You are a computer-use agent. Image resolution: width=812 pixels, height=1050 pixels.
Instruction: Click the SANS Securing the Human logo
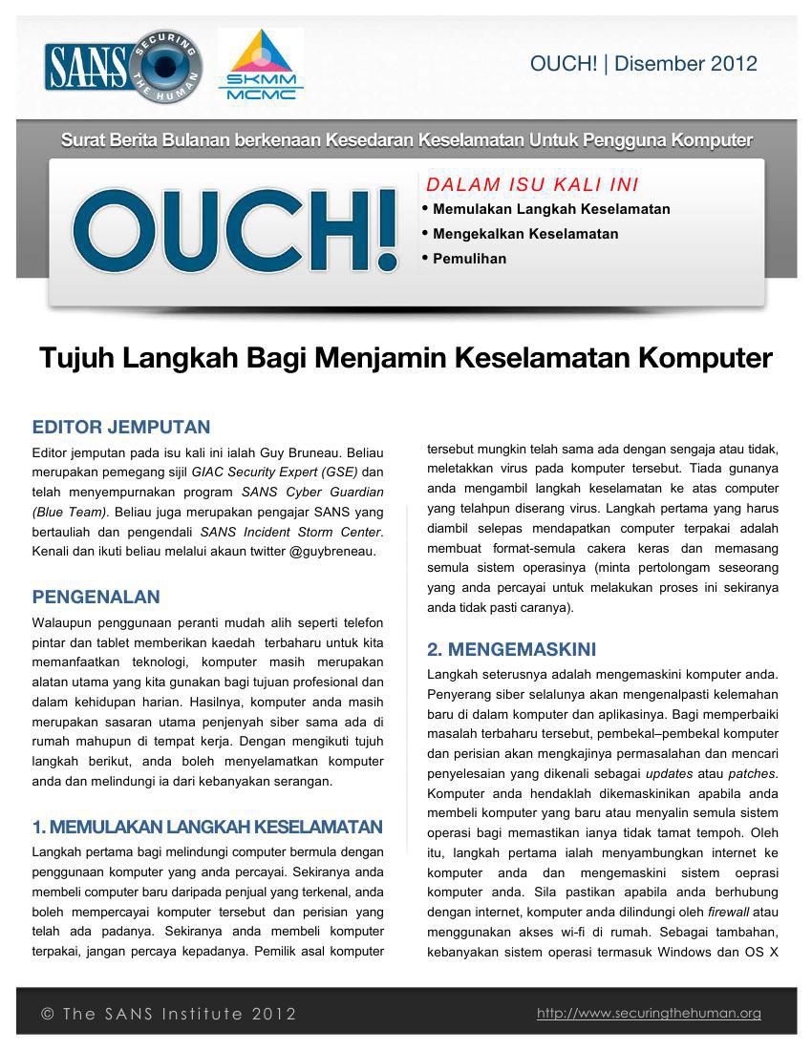click(x=123, y=66)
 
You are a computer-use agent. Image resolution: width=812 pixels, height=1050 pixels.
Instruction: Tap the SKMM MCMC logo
click(x=261, y=66)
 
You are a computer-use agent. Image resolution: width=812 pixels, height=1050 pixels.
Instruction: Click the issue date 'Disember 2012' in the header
click(x=686, y=64)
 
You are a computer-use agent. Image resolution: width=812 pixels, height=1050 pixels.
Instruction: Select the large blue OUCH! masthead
click(x=235, y=230)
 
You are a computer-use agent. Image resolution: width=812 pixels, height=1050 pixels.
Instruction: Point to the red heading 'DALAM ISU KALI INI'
click(x=532, y=184)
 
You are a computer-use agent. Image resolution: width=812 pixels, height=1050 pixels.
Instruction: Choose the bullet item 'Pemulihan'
click(x=469, y=259)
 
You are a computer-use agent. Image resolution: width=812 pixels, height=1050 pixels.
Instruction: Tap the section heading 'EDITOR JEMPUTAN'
click(x=121, y=427)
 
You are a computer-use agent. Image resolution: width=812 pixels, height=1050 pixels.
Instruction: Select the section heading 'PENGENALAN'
click(x=96, y=598)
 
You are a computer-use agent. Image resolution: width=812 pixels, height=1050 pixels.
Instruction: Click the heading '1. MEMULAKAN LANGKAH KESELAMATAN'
click(x=207, y=827)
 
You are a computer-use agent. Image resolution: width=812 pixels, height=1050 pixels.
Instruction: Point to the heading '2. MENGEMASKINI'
click(x=511, y=650)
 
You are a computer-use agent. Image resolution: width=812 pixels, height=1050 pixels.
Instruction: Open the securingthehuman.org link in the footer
click(x=649, y=1014)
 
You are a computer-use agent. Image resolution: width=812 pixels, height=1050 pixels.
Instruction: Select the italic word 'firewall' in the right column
click(x=728, y=912)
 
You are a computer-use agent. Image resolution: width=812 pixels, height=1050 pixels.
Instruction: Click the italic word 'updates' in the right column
click(x=669, y=773)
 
